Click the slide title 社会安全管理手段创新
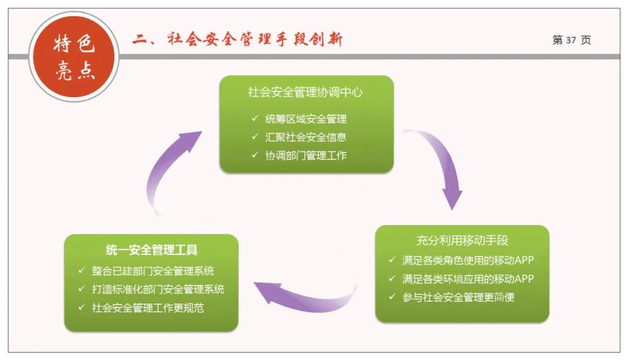(237, 40)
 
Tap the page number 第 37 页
(571, 40)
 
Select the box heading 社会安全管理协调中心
(306, 92)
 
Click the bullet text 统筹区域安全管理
(306, 119)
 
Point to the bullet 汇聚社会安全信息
(306, 137)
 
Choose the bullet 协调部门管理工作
(306, 155)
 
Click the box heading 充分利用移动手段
(462, 240)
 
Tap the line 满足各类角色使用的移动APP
(468, 260)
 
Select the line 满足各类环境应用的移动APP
(468, 279)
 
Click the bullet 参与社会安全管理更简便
(458, 297)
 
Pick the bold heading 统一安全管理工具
(152, 250)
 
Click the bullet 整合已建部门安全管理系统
(153, 270)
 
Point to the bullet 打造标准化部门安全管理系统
(158, 289)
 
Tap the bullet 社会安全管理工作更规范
(148, 308)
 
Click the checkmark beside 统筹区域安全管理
(255, 119)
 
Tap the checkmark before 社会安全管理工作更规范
(81, 307)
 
